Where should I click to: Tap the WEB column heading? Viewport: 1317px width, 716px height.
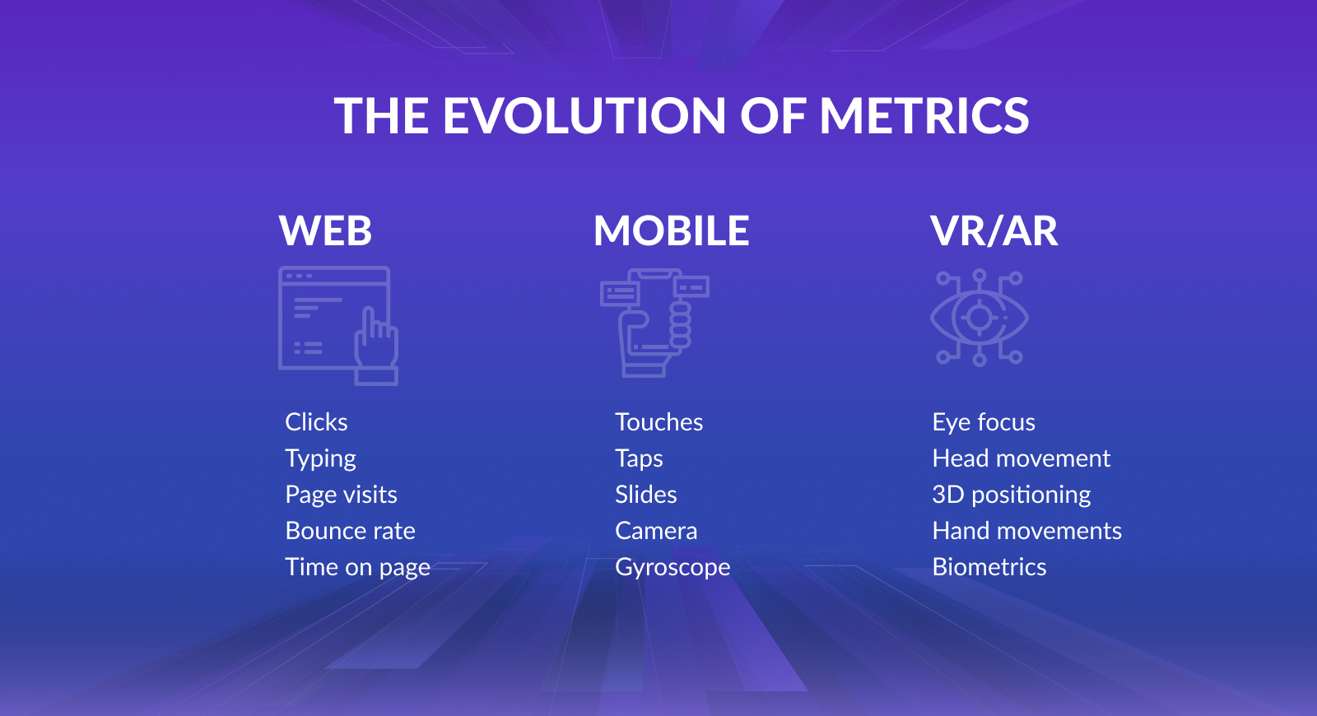point(325,230)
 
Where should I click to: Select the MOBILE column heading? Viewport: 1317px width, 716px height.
point(671,230)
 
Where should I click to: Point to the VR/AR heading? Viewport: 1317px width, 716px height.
point(994,230)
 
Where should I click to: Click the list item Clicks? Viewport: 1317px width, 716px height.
point(316,422)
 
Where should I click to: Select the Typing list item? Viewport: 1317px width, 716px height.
point(320,459)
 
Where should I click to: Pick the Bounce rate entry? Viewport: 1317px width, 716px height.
point(351,531)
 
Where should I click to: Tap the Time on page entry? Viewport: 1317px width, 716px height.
point(357,568)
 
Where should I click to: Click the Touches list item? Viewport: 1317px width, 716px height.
point(659,422)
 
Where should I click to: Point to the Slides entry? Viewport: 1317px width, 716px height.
point(646,495)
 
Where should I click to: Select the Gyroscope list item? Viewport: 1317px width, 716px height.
point(672,568)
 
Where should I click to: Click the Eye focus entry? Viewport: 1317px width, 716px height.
point(984,423)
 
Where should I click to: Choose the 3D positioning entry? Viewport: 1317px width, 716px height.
point(1012,495)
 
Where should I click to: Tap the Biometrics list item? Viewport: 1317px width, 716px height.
point(989,567)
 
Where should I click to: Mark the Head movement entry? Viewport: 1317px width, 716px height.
point(1021,458)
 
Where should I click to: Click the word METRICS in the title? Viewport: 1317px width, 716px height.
point(924,115)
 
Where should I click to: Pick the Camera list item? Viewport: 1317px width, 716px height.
point(656,531)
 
